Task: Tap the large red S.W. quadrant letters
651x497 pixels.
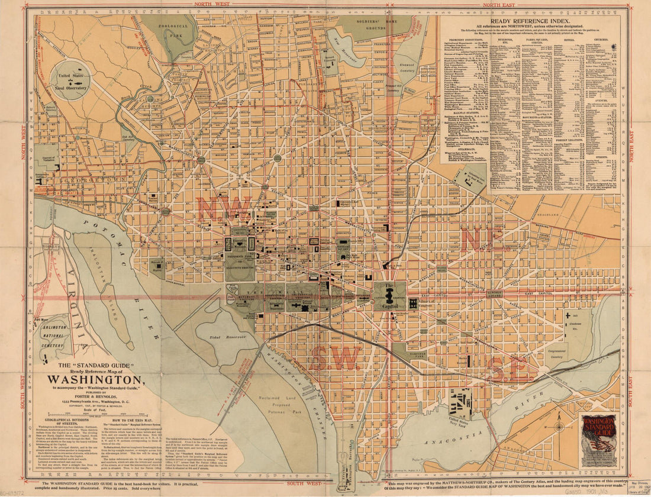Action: point(335,359)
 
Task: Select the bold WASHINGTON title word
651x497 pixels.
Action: point(95,379)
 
